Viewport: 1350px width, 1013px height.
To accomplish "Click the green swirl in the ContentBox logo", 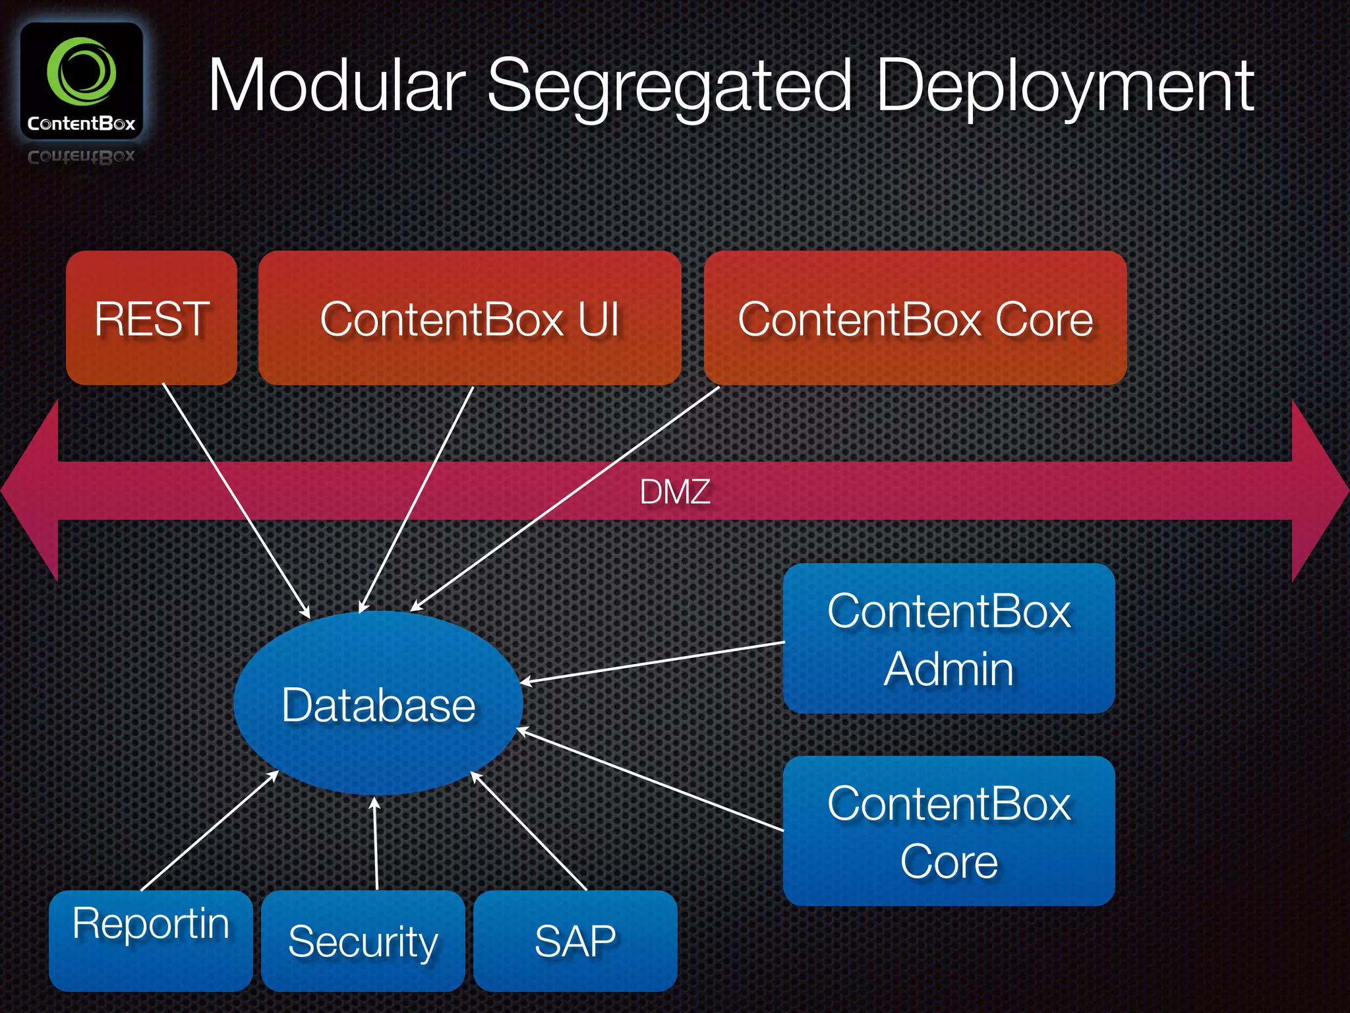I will [x=81, y=72].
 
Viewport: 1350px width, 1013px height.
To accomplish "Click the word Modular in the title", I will [x=336, y=86].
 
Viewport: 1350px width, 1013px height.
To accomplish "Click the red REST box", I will [x=152, y=319].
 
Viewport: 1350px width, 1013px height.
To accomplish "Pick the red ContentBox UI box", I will [x=469, y=319].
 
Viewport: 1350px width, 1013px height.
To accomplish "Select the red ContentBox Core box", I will [x=915, y=319].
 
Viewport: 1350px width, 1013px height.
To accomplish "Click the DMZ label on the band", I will [x=675, y=492].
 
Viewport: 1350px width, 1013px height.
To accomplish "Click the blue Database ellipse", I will [x=378, y=704].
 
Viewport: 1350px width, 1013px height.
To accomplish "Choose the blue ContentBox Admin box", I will [x=949, y=638].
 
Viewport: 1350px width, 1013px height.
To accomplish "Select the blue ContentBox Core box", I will [x=949, y=831].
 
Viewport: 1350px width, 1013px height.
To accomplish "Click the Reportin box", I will [x=151, y=940].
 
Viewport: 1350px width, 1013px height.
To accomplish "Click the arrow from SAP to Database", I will [x=529, y=832].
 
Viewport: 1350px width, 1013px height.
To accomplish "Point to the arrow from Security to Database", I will [x=376, y=844].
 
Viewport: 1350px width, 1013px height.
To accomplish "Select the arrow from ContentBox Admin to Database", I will [x=653, y=661].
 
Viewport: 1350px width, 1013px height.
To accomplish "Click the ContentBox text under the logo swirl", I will [x=81, y=124].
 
